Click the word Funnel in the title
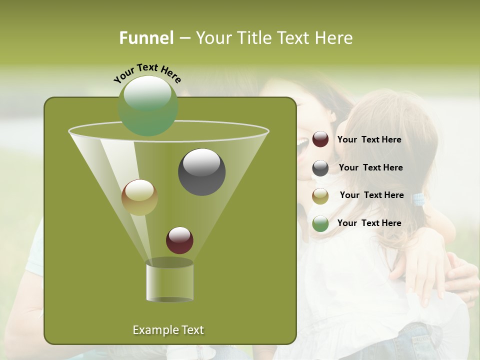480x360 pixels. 146,38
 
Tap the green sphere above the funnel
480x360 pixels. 148,105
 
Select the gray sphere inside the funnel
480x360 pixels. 201,172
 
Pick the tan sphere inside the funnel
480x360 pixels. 139,197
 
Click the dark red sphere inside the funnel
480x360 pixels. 179,240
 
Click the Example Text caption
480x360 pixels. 168,330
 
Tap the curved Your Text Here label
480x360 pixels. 147,73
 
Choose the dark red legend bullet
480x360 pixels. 320,139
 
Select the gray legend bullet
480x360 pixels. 320,168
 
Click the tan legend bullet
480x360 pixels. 320,195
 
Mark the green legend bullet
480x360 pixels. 320,223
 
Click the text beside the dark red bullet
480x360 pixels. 369,139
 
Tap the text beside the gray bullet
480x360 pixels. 370,167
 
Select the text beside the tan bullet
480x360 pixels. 371,195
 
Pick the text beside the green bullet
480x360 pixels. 369,223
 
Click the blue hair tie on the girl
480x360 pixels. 418,200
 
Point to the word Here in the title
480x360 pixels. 334,38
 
